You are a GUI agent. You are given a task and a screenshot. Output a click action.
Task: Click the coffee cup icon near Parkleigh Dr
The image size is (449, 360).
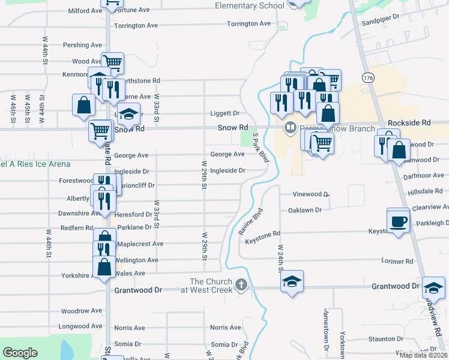[x=397, y=221]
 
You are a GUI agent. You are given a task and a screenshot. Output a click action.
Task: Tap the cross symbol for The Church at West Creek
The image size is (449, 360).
[x=241, y=284]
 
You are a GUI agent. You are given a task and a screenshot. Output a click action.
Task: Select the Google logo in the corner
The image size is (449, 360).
[x=20, y=353]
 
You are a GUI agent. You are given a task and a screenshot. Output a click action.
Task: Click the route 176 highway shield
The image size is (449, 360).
[x=368, y=77]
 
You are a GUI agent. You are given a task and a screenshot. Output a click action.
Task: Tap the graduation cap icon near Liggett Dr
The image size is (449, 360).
[x=128, y=114]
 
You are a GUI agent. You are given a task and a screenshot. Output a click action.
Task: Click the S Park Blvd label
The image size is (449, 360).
[x=259, y=149]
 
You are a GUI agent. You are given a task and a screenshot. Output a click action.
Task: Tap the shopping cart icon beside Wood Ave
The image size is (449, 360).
[x=112, y=61]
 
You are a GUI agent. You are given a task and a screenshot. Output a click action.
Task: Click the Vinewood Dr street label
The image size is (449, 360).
[x=311, y=194]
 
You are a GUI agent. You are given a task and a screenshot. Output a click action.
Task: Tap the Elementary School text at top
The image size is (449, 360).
[x=250, y=6]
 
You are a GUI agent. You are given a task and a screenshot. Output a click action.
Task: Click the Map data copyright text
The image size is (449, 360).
[x=423, y=355]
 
